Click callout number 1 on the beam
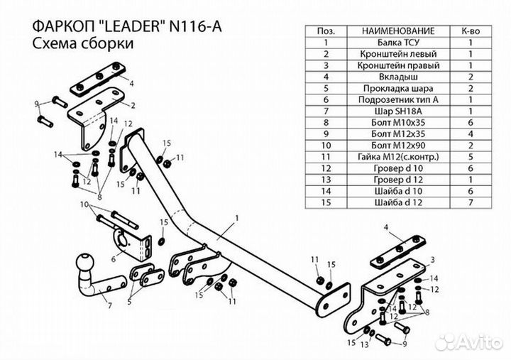[x=236, y=217]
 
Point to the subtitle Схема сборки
[x=73, y=43]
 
